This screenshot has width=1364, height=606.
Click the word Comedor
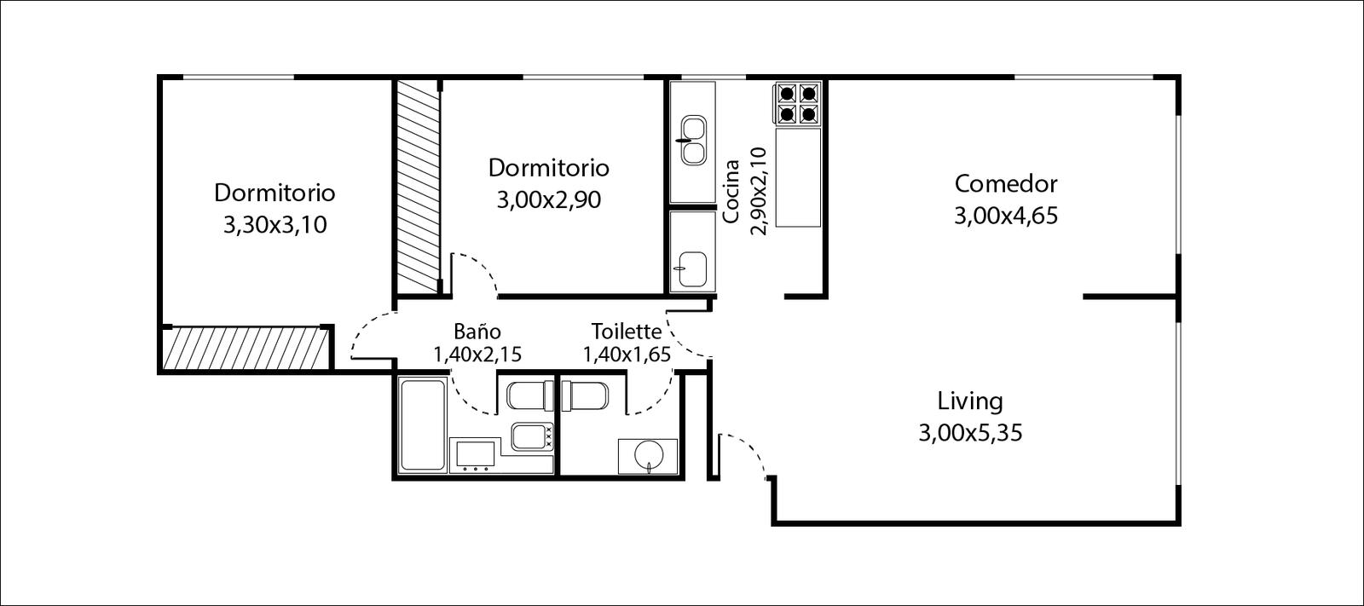[x=1005, y=183]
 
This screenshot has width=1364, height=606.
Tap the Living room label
[x=970, y=401]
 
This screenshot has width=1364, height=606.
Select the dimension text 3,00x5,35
[x=970, y=433]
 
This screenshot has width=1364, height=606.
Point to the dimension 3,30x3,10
[x=275, y=225]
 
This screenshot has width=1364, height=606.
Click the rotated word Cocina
[x=731, y=191]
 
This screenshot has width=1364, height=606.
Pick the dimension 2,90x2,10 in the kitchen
[x=759, y=191]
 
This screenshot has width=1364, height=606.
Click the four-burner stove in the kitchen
[x=798, y=103]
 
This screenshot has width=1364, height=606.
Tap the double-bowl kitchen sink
[x=694, y=141]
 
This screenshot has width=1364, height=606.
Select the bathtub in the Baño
[x=423, y=424]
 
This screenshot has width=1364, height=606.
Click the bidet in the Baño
[x=531, y=436]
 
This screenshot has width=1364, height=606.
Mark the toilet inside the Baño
[x=530, y=395]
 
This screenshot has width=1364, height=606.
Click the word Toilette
[x=626, y=332]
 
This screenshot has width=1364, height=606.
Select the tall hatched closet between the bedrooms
[x=419, y=186]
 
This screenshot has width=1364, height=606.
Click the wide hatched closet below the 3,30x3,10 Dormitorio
[x=246, y=349]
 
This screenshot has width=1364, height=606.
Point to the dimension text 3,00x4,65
[x=1005, y=216]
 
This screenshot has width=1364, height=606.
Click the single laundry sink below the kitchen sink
[x=693, y=268]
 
